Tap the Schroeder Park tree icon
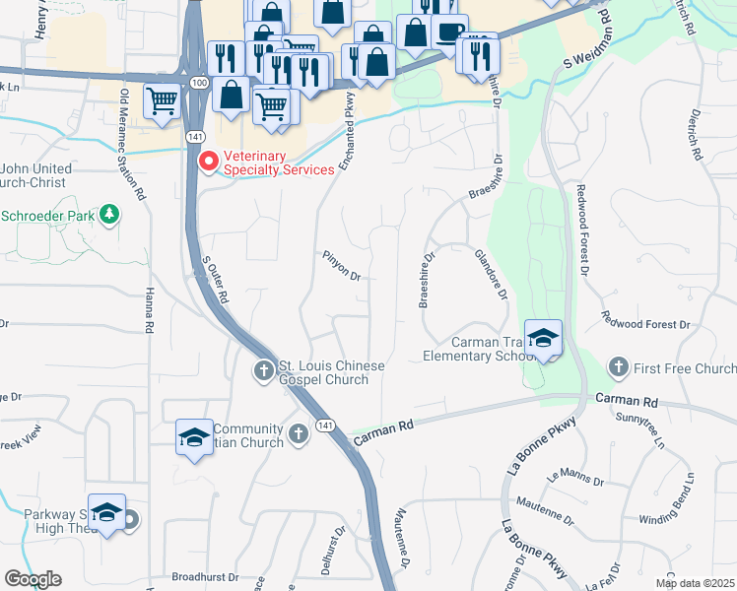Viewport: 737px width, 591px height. click(110, 213)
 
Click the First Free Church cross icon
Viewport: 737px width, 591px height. click(619, 367)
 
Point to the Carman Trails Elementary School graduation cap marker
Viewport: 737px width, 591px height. click(543, 339)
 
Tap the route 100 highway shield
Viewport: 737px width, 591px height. click(200, 84)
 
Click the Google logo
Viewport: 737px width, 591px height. click(33, 579)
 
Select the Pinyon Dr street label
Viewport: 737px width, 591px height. click(342, 265)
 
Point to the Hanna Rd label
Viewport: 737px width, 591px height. click(150, 305)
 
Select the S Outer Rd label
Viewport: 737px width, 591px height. click(215, 280)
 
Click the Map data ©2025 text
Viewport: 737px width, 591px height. click(694, 583)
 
